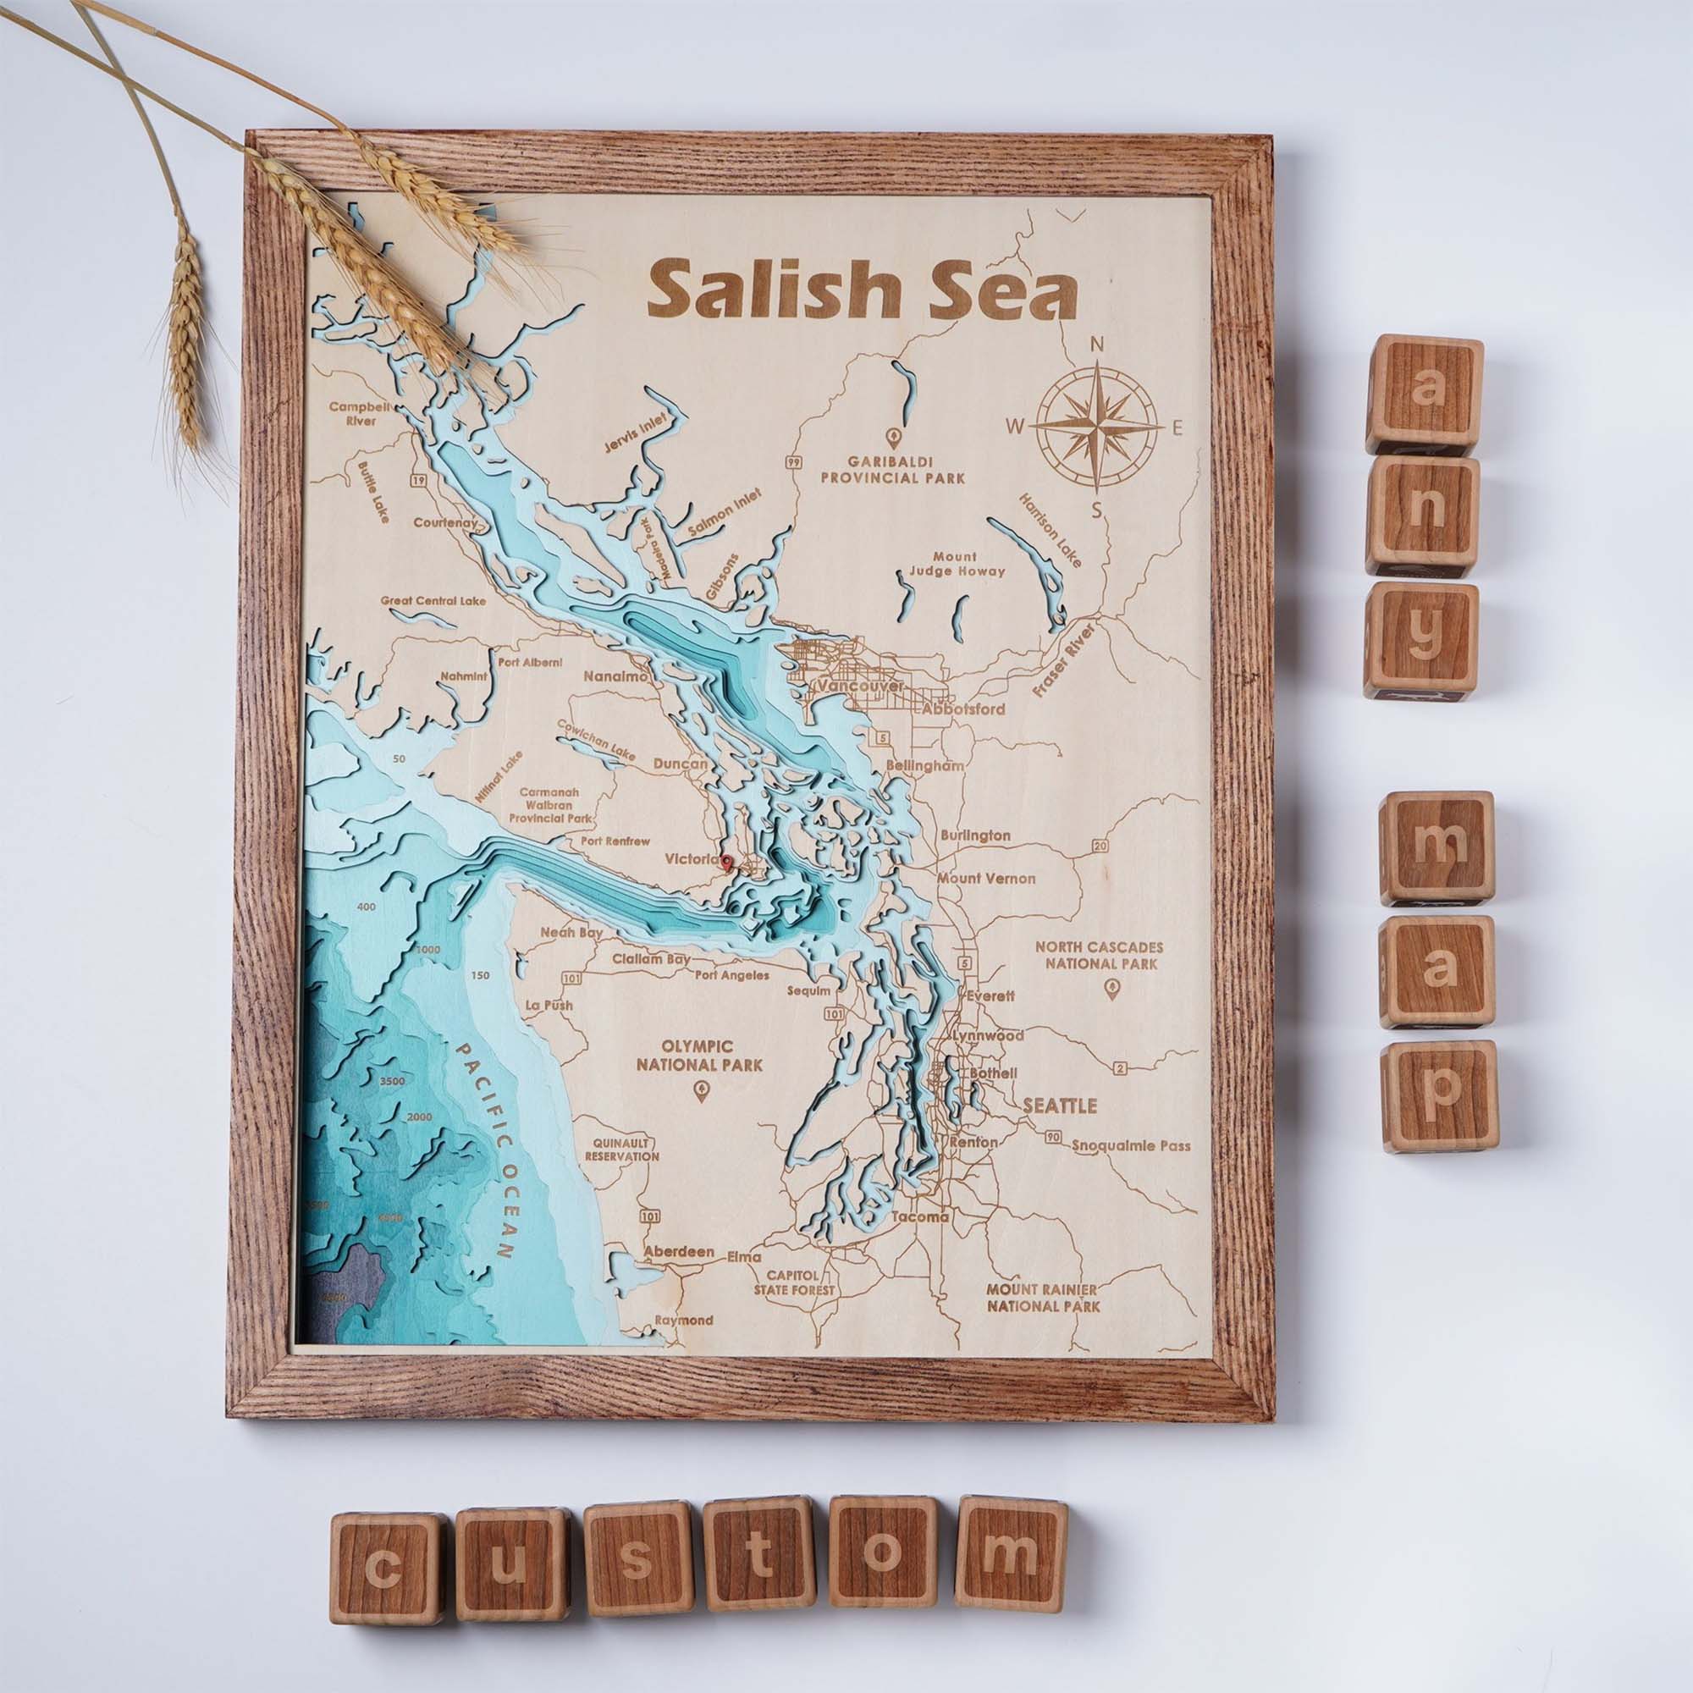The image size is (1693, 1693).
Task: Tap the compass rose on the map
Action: pos(1099,427)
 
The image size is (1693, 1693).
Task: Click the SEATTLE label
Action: pos(1060,1106)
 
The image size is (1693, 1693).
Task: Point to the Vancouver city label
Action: pos(858,687)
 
